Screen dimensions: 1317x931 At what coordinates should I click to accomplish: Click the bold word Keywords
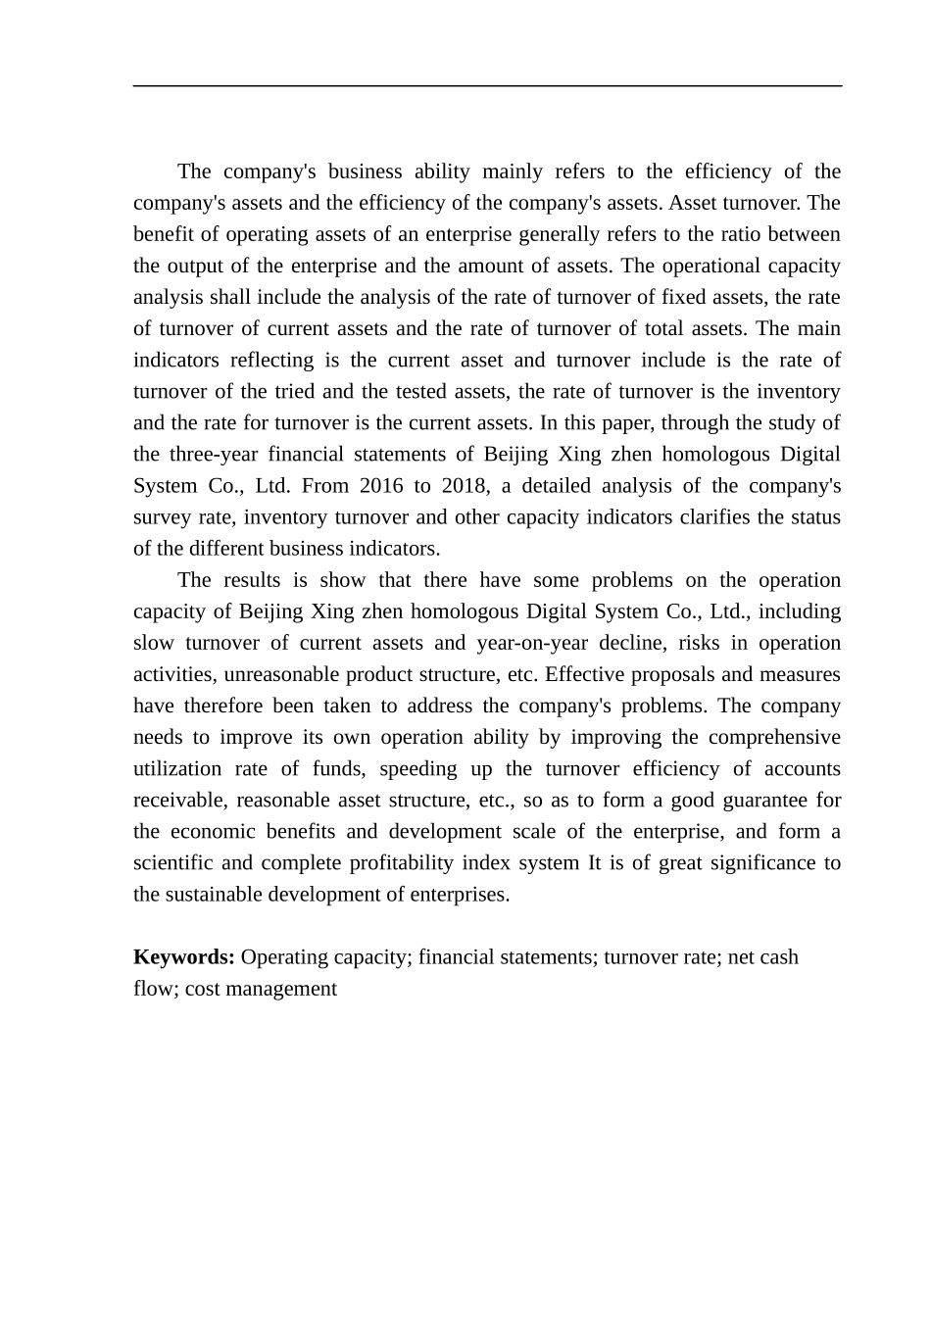[183, 957]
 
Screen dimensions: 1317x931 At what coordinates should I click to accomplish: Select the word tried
[293, 392]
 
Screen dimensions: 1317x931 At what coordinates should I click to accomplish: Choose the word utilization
[182, 769]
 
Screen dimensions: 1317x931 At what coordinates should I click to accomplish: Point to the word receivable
[178, 801]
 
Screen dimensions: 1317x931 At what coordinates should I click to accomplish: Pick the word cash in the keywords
[779, 957]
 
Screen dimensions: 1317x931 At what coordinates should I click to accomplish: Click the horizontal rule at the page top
[487, 86]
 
